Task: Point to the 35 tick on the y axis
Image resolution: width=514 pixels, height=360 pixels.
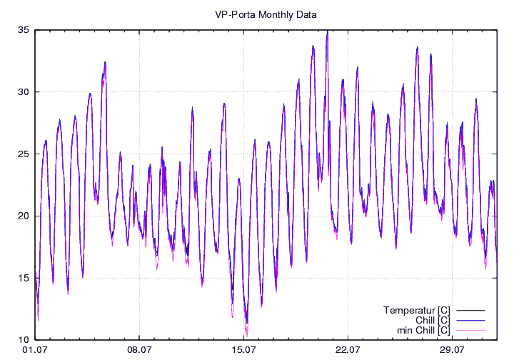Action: point(24,30)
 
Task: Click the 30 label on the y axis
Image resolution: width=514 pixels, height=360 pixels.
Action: point(24,92)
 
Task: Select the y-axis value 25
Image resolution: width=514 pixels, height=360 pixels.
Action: point(24,154)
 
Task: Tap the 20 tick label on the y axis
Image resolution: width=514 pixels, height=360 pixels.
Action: point(24,216)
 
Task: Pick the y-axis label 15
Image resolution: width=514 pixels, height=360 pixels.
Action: point(24,278)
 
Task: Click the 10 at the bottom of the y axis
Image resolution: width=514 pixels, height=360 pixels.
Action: point(24,340)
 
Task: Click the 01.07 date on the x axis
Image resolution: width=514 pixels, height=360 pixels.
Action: point(35,350)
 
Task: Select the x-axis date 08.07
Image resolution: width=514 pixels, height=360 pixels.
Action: point(139,350)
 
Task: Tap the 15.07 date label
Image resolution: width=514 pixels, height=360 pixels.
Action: point(243,350)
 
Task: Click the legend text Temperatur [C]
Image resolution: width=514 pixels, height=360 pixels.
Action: point(416,310)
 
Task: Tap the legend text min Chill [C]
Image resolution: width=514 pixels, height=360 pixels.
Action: point(423,330)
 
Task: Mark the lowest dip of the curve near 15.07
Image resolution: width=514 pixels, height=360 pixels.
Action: point(247,333)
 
